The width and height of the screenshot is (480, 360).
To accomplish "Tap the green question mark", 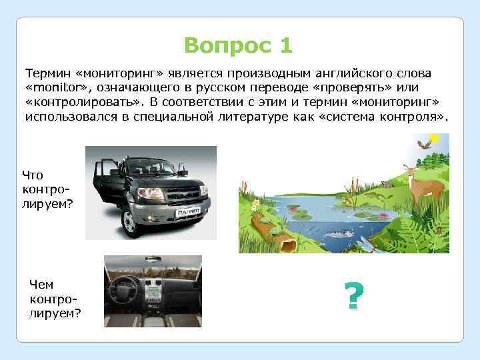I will pyautogui.click(x=355, y=297).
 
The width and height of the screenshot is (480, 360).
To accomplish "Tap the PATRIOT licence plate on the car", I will pyautogui.click(x=187, y=212).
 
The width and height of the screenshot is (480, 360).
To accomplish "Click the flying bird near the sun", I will pyautogui.click(x=423, y=143).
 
